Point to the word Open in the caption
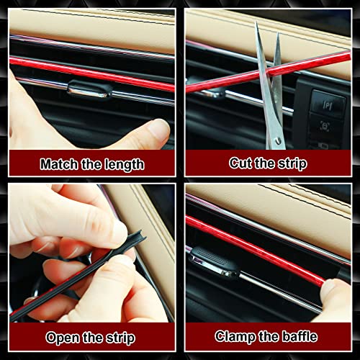coord(62,337)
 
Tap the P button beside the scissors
coord(327,105)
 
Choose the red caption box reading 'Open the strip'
coord(93,337)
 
